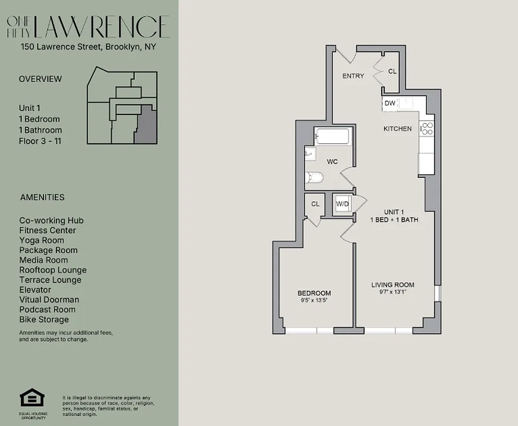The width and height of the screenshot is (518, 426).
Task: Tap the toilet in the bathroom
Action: (314, 178)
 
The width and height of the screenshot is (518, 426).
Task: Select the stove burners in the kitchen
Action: (427, 128)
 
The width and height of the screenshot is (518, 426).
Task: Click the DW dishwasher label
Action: (390, 103)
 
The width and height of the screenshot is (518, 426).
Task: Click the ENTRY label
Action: (353, 76)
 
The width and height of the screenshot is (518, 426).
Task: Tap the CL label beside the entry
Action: (392, 71)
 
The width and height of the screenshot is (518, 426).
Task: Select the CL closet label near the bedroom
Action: (315, 203)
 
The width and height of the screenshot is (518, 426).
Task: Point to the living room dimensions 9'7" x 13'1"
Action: (393, 292)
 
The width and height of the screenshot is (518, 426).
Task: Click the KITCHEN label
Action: (398, 129)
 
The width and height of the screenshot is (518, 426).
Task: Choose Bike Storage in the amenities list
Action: (44, 319)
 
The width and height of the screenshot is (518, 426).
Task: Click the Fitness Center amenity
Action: (47, 231)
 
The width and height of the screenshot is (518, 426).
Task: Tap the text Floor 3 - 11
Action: (40, 141)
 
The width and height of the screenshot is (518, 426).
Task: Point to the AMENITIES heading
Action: (42, 197)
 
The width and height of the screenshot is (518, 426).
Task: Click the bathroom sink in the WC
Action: (310, 153)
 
